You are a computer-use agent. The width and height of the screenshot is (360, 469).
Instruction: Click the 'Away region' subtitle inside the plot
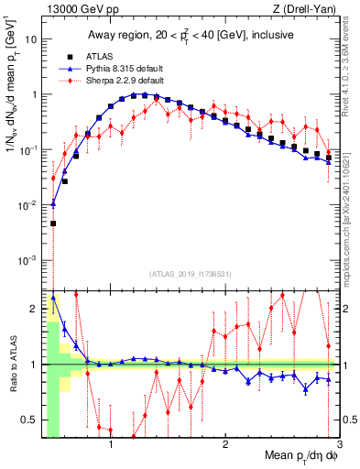188,36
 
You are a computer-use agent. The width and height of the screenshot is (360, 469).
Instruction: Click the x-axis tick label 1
111,445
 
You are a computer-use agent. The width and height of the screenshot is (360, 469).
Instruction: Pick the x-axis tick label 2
225,445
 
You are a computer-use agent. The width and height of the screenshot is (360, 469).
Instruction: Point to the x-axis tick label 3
339,445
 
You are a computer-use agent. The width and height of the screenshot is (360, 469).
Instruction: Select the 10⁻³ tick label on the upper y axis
29,260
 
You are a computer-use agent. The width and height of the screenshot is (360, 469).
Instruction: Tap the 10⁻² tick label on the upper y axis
29,205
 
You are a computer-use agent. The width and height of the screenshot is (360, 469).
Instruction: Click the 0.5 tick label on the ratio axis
29,420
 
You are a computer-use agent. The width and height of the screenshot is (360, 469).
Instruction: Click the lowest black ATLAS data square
53,223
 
